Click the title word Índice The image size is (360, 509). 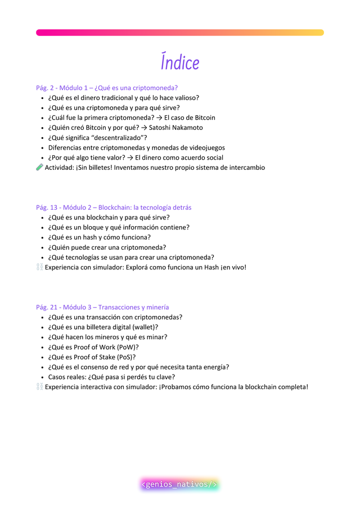pos(180,62)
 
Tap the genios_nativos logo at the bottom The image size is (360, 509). pos(179,484)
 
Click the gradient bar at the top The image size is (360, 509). pos(180,33)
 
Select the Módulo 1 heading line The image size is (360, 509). pos(107,88)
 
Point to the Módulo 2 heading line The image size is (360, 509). pos(114,208)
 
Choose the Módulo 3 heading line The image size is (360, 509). pos(102,307)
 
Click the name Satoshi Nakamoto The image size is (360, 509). pos(175,128)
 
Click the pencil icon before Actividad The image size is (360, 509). pos(39,168)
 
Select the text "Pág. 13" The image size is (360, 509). pos(47,208)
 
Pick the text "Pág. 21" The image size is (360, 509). pos(47,307)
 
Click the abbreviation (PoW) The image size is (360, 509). pos(127,347)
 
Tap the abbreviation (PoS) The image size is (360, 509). pos(125,357)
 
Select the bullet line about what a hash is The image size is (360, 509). pos(100,237)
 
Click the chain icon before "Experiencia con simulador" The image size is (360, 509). pos(39,267)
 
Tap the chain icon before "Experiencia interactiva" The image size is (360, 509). pos(39,387)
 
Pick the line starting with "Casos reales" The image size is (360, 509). pos(111,377)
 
